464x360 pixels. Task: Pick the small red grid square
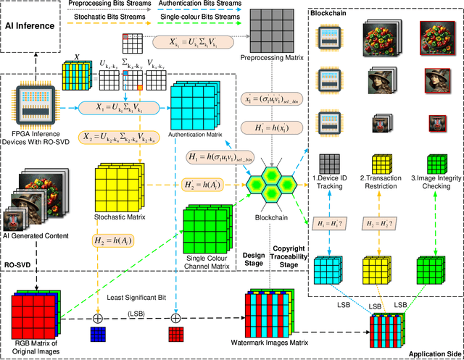point(175,333)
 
